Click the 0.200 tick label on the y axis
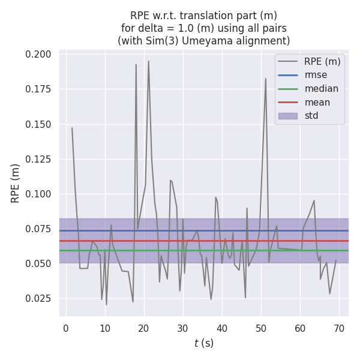coord(38,55)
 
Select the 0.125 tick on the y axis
coord(38,159)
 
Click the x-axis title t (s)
coord(204,343)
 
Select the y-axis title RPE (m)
coord(16,183)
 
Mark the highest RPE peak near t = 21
coord(148,61)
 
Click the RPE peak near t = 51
coord(266,79)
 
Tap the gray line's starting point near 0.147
coord(72,128)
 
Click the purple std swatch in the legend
coord(288,116)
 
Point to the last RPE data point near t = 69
coord(336,260)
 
